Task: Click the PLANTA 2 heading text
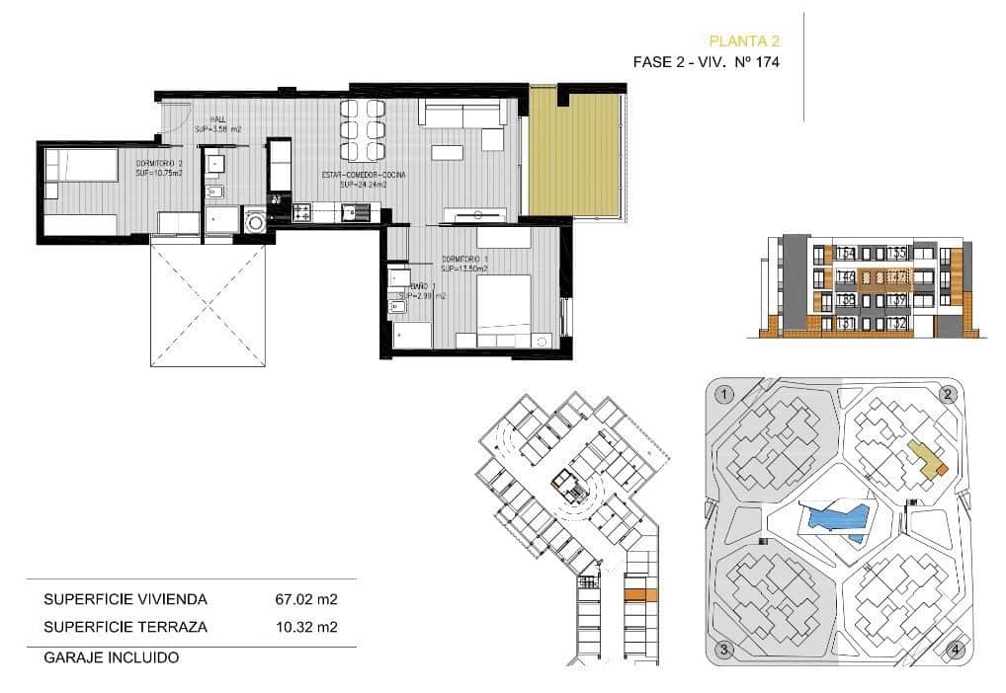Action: point(745,40)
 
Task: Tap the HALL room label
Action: point(217,124)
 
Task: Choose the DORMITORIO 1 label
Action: point(465,264)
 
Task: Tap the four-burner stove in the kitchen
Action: point(301,210)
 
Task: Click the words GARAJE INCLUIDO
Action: point(111,655)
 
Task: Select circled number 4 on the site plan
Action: point(954,649)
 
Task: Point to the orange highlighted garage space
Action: point(640,594)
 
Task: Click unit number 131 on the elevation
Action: point(846,323)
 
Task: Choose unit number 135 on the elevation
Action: point(897,254)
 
